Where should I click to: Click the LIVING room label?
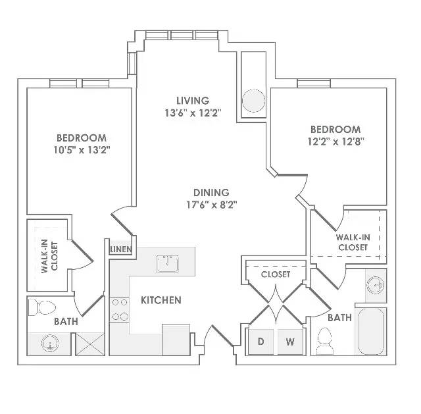[193, 101]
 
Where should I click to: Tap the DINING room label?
[211, 193]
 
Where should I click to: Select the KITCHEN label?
[161, 300]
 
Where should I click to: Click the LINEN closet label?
[121, 249]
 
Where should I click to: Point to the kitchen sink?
[168, 264]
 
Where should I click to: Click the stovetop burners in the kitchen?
[120, 309]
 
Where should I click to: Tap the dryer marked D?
[260, 342]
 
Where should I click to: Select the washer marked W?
[290, 342]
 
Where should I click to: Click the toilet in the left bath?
[42, 307]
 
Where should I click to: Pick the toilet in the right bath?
[324, 341]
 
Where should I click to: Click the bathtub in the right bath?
[371, 332]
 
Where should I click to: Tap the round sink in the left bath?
[50, 344]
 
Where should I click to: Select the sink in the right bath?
[376, 285]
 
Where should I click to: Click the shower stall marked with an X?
[90, 344]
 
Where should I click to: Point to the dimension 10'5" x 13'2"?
[82, 150]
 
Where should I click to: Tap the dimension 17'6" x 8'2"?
[212, 205]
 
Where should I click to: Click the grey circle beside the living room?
[253, 101]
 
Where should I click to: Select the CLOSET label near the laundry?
[276, 274]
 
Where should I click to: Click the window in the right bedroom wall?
[314, 83]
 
